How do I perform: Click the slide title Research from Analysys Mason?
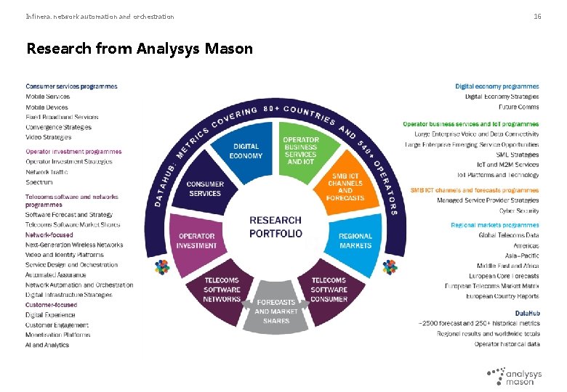pos(140,49)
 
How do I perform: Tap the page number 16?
pos(537,16)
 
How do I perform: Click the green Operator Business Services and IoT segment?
pos(300,150)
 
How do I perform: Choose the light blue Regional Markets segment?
pos(355,240)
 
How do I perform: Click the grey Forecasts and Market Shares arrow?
pos(276,311)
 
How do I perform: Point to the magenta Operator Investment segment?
pos(196,240)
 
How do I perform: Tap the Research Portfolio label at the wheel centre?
pos(276,226)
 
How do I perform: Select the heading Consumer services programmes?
pos(71,86)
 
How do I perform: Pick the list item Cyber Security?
pos(518,211)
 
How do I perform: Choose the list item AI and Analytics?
pos(47,345)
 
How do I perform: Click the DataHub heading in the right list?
pos(527,313)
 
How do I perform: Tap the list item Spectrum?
pos(39,182)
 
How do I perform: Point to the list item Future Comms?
pos(518,107)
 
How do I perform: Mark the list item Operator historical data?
pos(507,343)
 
